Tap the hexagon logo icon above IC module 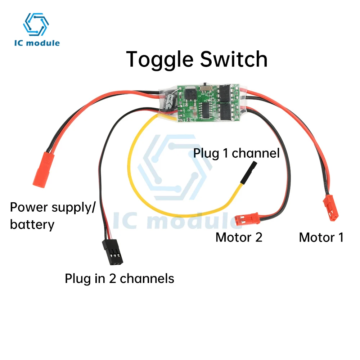coord(36,24)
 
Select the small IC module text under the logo coord(37,43)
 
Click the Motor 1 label coord(321,237)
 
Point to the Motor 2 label coord(239,237)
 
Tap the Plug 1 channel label coord(236,153)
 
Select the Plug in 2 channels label coord(119,279)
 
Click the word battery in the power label coord(32,225)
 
